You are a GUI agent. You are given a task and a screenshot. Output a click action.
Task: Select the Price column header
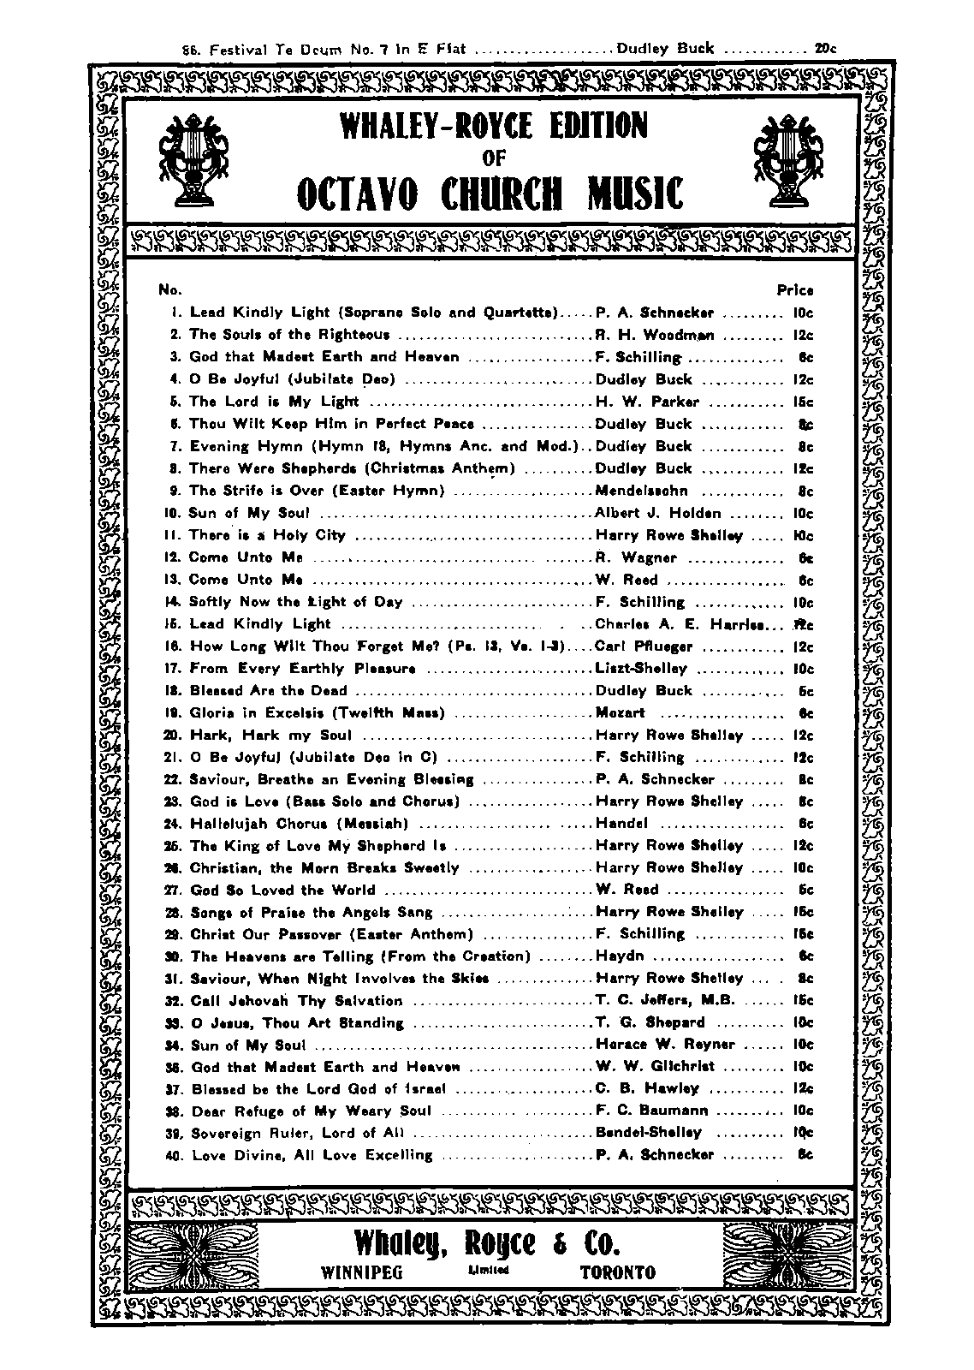click(x=795, y=290)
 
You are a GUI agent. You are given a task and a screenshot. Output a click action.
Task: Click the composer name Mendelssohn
click(x=641, y=491)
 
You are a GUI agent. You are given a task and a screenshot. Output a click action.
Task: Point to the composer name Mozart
click(x=621, y=712)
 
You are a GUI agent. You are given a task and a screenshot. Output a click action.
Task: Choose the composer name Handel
click(x=622, y=824)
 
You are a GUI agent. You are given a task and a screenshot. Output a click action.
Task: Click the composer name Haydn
click(x=620, y=956)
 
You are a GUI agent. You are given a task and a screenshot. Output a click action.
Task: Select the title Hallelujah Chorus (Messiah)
click(x=299, y=824)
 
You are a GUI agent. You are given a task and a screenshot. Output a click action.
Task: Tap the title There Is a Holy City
click(x=267, y=535)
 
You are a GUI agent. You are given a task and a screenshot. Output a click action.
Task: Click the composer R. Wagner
click(x=636, y=557)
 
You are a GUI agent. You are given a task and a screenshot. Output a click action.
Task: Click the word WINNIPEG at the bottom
click(x=361, y=1272)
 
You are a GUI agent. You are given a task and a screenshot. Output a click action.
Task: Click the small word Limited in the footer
click(x=489, y=1270)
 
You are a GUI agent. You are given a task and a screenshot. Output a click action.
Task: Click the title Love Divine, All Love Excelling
click(x=312, y=1155)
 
